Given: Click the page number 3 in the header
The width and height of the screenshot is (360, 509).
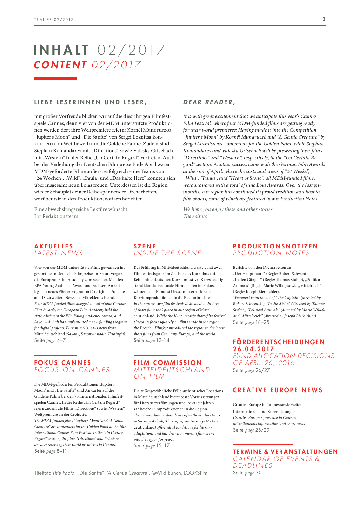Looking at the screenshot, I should [x=324, y=19].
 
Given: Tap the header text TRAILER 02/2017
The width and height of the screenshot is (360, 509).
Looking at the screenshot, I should [x=54, y=20].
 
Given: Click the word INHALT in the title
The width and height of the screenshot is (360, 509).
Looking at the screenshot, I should [x=61, y=50].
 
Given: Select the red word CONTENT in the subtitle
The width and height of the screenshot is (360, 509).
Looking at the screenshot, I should [x=60, y=65].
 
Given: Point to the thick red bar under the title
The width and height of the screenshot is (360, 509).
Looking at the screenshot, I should [x=56, y=79].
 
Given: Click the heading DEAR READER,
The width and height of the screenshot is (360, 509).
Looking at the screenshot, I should [x=209, y=102].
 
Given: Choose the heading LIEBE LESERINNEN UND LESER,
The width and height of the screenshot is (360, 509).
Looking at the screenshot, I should [x=91, y=102].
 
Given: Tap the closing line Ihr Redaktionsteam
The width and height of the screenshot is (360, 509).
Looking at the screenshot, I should [x=56, y=216].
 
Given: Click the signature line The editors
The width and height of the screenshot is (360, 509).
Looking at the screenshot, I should [x=195, y=216].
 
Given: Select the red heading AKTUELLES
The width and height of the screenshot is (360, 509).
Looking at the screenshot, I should [x=54, y=246].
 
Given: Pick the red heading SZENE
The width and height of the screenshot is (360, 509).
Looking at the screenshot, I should [x=145, y=246].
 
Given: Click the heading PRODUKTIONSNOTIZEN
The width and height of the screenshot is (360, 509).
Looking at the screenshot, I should [x=275, y=246].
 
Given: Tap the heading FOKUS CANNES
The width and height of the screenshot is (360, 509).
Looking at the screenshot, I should [x=63, y=363].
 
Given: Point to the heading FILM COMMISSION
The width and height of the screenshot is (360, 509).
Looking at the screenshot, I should [x=168, y=363].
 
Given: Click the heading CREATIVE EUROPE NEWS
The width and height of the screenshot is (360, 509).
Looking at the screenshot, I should [x=278, y=390].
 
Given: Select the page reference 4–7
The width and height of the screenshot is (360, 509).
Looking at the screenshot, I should [x=61, y=340].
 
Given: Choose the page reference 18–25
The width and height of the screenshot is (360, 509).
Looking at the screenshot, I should [x=262, y=322].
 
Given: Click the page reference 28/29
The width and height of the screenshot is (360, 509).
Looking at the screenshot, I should [x=262, y=430].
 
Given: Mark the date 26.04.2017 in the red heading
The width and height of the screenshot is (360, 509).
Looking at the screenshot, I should [x=253, y=349].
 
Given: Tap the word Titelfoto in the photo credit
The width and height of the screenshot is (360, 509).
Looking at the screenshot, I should [x=43, y=473].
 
